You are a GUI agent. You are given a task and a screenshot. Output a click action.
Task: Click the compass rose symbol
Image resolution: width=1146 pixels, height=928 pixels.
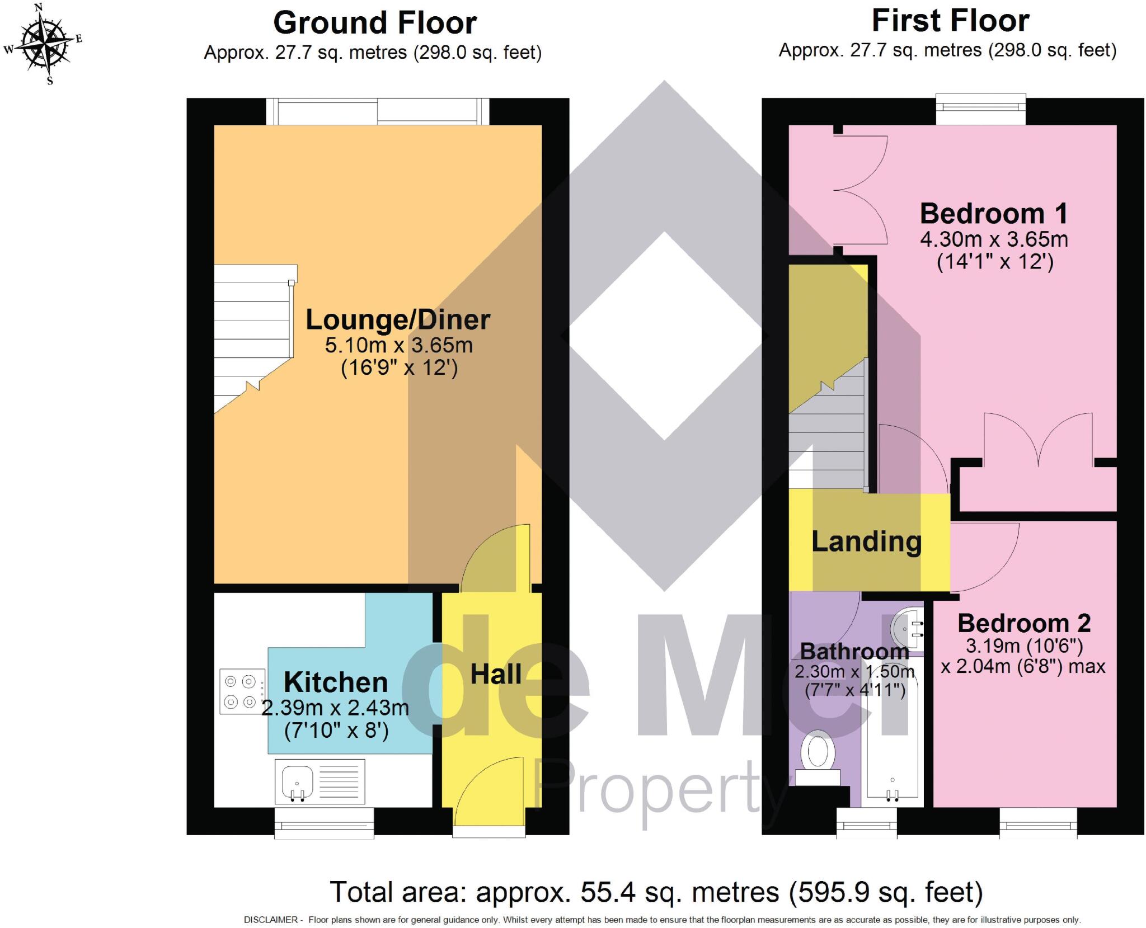pyautogui.click(x=43, y=44)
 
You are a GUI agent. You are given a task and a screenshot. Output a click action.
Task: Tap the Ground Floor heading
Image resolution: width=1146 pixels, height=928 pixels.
pyautogui.click(x=374, y=23)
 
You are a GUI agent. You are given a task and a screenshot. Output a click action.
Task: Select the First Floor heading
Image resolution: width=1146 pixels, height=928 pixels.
pyautogui.click(x=950, y=21)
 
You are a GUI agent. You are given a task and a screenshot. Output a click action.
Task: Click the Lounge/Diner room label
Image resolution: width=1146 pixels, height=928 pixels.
pyautogui.click(x=398, y=320)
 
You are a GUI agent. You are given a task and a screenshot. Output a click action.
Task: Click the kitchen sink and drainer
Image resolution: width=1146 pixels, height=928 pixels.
pyautogui.click(x=320, y=780)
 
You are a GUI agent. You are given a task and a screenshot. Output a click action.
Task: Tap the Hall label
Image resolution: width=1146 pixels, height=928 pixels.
pyautogui.click(x=496, y=674)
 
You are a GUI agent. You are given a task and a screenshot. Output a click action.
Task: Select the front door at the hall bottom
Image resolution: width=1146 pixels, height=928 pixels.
pyautogui.click(x=489, y=794)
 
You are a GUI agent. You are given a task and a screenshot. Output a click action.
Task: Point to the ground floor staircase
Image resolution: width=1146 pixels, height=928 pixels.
pyautogui.click(x=253, y=336)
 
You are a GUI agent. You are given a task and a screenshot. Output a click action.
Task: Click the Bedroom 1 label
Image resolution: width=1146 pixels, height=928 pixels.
pyautogui.click(x=994, y=214)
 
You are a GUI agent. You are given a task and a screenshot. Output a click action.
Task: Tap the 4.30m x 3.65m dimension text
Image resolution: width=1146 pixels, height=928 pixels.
pyautogui.click(x=994, y=240)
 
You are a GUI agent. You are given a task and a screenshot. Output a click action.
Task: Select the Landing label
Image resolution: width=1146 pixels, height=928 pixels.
pyautogui.click(x=866, y=541)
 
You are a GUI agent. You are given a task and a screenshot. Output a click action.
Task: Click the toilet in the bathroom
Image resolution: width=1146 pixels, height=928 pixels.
pyautogui.click(x=818, y=758)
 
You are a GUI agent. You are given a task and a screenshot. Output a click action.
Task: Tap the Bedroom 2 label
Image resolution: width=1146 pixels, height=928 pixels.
pyautogui.click(x=1024, y=623)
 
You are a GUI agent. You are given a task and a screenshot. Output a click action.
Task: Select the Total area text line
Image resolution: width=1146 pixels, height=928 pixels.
pyautogui.click(x=656, y=892)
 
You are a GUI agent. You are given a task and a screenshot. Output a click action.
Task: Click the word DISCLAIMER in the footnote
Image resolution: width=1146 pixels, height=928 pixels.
pyautogui.click(x=270, y=920)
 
